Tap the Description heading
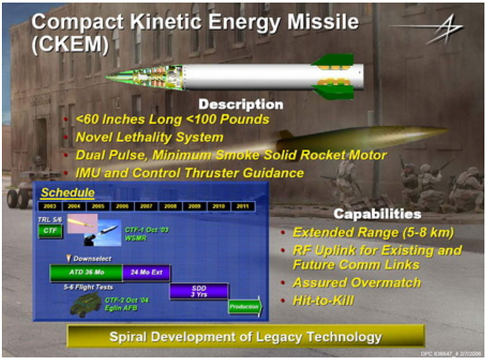point(241,104)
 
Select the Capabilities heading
point(377,214)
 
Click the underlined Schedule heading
point(67,193)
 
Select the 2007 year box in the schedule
point(146,206)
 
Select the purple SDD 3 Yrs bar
point(199,291)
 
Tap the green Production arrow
point(244,307)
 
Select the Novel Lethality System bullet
point(149,137)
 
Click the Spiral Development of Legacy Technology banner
point(244,337)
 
